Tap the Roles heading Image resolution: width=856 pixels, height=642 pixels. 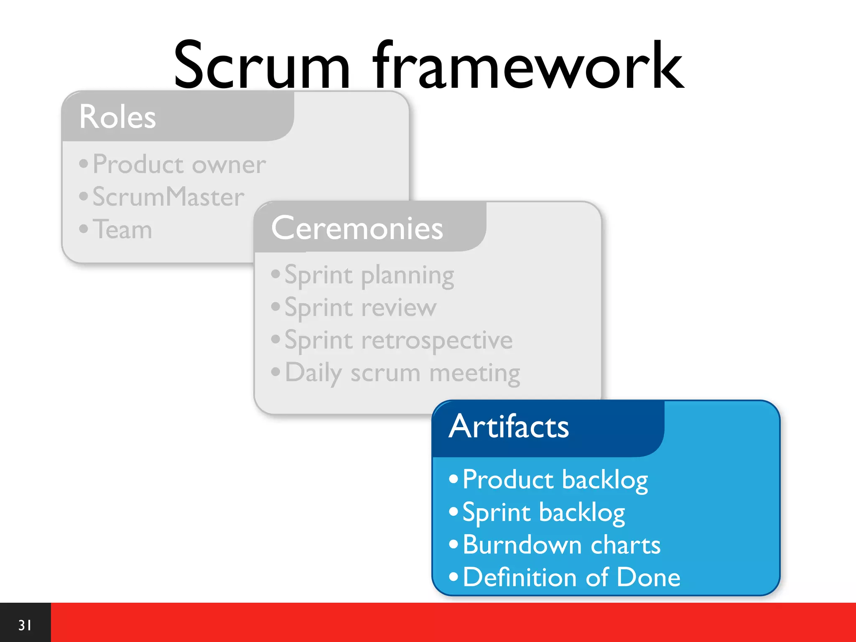coord(117,117)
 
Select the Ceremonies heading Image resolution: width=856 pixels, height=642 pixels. coord(357,228)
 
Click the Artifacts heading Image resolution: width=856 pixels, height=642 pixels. coord(509,426)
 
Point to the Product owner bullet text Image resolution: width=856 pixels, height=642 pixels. coord(179,164)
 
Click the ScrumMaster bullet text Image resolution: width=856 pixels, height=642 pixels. coord(168,196)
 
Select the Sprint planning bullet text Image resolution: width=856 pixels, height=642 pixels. coord(369,275)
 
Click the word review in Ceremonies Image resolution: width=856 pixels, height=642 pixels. coord(399,308)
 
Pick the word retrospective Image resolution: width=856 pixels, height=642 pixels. coord(437,340)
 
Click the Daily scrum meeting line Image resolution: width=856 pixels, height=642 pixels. coord(402,372)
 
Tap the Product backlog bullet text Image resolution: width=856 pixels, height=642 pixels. coord(555,479)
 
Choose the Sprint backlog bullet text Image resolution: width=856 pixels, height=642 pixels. coord(543,512)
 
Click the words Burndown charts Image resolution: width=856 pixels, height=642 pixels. coord(561,545)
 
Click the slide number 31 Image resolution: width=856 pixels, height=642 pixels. coord(25,625)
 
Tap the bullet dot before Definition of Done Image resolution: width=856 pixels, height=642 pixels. coord(453,577)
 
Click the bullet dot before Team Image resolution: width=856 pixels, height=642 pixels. coord(84,229)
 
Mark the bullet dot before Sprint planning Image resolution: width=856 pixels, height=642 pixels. coord(275,274)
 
